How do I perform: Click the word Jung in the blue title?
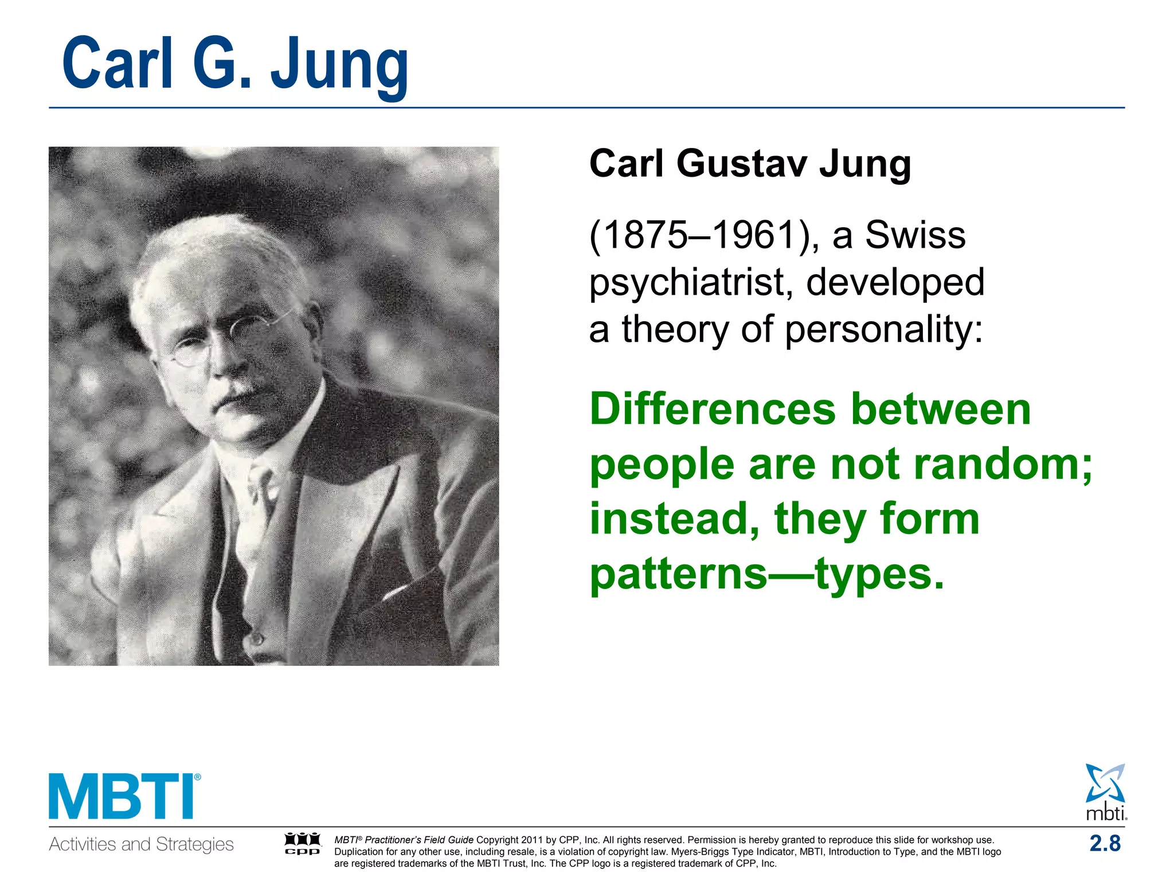[x=339, y=64]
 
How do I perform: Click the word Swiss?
[x=915, y=235]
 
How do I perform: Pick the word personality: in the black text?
[x=884, y=330]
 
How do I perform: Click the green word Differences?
[x=712, y=410]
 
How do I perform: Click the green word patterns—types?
[x=767, y=574]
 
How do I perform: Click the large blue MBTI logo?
[x=124, y=796]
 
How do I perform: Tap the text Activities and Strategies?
[x=141, y=844]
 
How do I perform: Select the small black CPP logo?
[x=303, y=844]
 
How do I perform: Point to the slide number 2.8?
[x=1105, y=843]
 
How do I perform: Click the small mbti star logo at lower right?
[x=1105, y=792]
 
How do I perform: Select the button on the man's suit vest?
[x=257, y=638]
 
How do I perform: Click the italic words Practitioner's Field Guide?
[x=419, y=840]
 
